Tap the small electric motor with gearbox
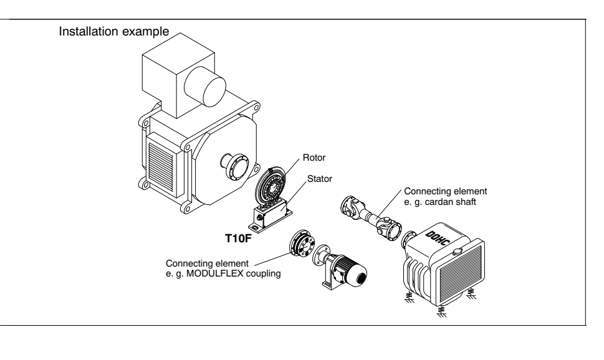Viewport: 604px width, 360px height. pyautogui.click(x=343, y=268)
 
